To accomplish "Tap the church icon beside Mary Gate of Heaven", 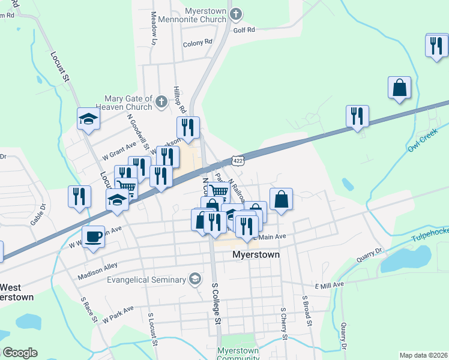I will (161, 102).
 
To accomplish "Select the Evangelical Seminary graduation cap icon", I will (195, 278).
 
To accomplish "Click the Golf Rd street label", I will (244, 29).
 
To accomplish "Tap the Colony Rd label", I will (197, 43).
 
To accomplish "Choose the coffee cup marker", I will (92, 237).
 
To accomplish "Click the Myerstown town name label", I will (257, 254).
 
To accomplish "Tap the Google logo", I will (20, 352).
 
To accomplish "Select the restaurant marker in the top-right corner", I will (436, 46).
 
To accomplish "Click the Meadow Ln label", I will (154, 28).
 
